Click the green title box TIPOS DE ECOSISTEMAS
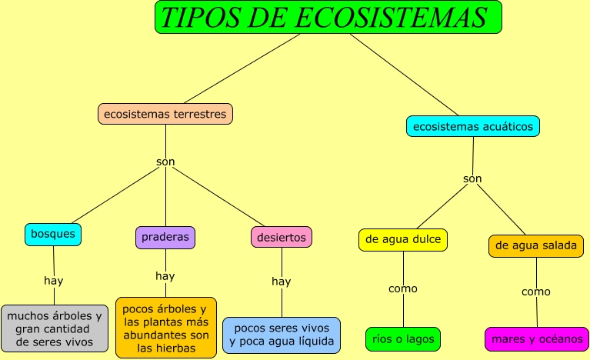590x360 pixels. (328, 17)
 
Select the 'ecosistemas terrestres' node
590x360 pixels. (165, 114)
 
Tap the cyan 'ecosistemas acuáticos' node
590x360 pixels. (473, 126)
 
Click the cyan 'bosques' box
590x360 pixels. (53, 234)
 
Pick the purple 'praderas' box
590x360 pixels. (165, 237)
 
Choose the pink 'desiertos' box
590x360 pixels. (282, 238)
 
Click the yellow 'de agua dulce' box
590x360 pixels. (403, 239)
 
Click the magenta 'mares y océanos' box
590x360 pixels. (536, 338)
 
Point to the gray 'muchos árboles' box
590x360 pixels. (55, 328)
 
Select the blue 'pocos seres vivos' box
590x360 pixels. (282, 335)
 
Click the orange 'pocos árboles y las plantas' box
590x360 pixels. (166, 328)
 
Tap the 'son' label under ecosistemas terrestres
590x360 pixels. (165, 162)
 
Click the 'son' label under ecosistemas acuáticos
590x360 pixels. (472, 178)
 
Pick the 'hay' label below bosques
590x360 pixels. (54, 280)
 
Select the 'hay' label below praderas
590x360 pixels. (165, 275)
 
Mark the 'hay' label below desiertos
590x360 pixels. (282, 281)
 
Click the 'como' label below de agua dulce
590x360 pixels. (403, 288)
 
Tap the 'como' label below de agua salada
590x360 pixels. (536, 292)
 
